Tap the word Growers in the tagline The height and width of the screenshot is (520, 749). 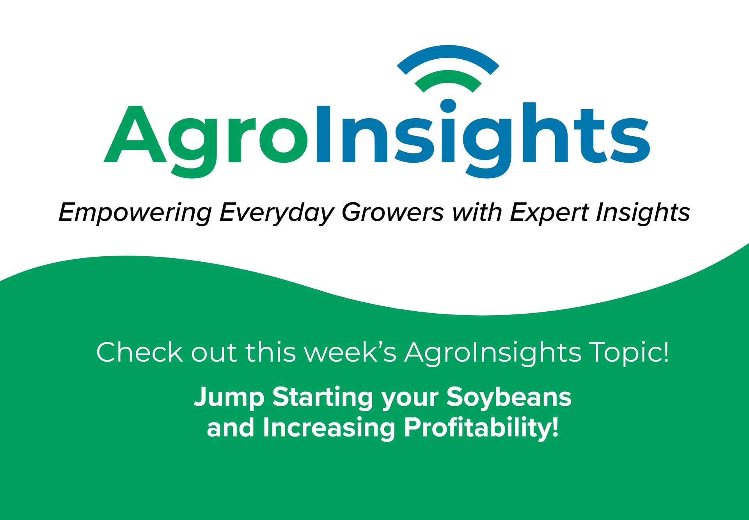click(392, 213)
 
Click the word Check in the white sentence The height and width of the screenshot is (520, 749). click(139, 352)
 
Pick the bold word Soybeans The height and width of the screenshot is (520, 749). click(509, 397)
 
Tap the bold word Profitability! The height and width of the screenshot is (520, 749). click(481, 428)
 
